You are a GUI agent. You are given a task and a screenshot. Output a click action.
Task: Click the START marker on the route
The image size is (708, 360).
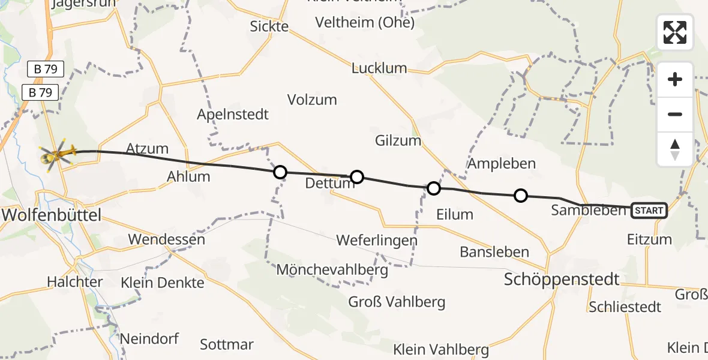(649, 210)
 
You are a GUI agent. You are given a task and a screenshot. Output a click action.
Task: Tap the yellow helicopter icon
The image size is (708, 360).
(56, 155)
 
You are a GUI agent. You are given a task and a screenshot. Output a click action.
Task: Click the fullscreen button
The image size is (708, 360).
(675, 32)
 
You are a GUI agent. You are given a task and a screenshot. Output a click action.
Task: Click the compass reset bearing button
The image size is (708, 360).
(675, 149)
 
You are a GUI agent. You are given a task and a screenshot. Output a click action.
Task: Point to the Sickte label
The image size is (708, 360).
(269, 26)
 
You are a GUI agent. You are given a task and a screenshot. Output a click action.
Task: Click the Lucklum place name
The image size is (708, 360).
(379, 68)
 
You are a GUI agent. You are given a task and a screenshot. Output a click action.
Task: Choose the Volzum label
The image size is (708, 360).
(312, 100)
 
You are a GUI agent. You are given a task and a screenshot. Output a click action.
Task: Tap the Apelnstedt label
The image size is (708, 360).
(233, 114)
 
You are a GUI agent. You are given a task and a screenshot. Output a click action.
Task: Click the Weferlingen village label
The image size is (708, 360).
(376, 241)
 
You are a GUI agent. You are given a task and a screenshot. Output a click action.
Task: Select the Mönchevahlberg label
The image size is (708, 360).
(332, 269)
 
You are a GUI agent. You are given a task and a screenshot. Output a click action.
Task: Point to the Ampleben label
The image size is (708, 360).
(502, 163)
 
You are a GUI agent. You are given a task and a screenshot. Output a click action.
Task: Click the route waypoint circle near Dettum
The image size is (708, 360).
(356, 176)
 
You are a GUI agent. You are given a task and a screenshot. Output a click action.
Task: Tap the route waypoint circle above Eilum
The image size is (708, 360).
(433, 189)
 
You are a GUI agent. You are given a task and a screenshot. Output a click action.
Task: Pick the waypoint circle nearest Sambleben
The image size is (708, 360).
(521, 195)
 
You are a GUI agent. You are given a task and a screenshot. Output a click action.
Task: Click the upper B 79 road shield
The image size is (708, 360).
(46, 70)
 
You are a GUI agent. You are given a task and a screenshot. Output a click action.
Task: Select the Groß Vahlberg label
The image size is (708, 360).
(397, 301)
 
